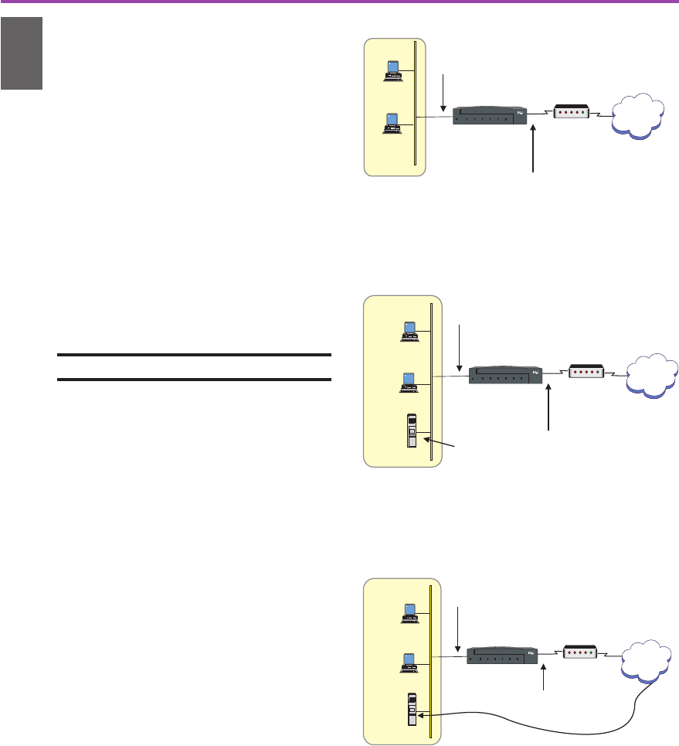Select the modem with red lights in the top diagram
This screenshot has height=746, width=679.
tap(567, 112)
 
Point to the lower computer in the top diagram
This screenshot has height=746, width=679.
tap(392, 123)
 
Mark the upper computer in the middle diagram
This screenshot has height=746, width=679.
tap(409, 330)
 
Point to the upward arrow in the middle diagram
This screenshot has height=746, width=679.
tap(549, 409)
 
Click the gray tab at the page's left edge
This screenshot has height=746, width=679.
tap(20, 53)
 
